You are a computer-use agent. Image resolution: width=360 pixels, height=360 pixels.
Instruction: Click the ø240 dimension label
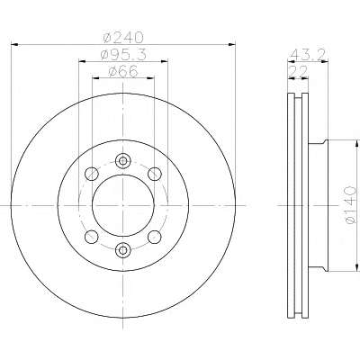pos(123,37)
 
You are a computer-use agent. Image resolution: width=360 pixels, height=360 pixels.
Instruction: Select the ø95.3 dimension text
pos(123,54)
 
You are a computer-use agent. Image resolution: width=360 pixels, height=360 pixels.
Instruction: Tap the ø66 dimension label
pos(123,71)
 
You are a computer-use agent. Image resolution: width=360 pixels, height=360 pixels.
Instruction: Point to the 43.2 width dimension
pos(309,55)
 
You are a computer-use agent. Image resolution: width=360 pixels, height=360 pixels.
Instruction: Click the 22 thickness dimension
pos(298,71)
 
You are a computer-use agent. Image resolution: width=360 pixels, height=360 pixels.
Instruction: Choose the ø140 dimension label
pos(350,205)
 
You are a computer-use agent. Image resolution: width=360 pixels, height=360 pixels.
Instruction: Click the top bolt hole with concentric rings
pos(123,161)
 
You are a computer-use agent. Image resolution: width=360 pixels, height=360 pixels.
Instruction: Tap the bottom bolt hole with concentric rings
pos(123,249)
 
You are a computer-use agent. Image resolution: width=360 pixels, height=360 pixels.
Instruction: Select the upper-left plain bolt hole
pos(92,174)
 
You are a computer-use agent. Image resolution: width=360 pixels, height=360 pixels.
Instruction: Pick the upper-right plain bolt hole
pos(155,174)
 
